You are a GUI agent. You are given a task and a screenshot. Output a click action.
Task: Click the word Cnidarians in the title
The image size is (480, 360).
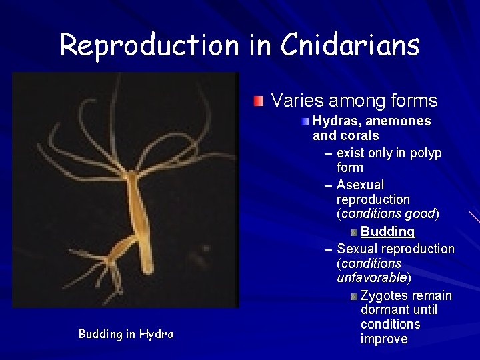(x=350, y=45)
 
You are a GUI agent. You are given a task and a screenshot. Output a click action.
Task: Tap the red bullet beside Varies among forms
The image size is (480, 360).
(x=259, y=102)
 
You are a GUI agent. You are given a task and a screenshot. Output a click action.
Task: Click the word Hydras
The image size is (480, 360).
(x=335, y=121)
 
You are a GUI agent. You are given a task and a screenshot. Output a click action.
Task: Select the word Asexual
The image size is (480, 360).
(x=361, y=185)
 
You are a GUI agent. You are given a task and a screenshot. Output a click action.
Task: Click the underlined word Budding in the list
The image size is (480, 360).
(x=387, y=231)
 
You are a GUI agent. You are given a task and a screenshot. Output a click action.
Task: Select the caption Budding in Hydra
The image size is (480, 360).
(x=126, y=334)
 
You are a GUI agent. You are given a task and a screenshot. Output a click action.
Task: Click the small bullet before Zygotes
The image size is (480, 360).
(x=354, y=296)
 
